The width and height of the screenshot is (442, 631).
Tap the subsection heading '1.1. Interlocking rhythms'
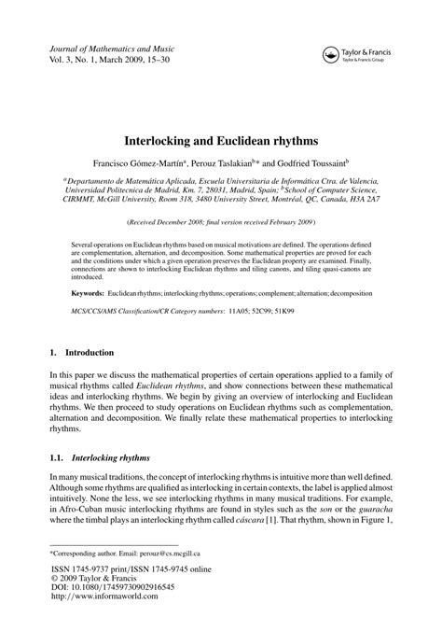click(98, 458)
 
